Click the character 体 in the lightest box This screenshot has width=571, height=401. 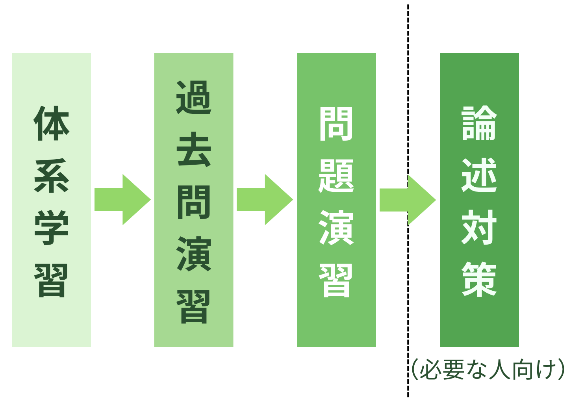(52, 123)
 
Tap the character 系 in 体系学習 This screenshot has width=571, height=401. (52, 176)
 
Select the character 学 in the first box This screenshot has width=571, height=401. (52, 228)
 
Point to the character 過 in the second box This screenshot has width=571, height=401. (194, 97)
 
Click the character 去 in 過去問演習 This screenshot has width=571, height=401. (194, 150)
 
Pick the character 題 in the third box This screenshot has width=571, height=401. (336, 176)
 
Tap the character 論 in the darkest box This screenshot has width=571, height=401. (479, 123)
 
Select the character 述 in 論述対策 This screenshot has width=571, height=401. (479, 176)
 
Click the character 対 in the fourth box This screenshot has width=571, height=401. (479, 228)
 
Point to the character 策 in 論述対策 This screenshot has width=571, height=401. (479, 280)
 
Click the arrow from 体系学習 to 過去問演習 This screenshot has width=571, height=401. (122, 200)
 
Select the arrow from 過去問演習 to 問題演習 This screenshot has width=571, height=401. (265, 200)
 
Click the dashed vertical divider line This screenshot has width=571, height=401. (408, 79)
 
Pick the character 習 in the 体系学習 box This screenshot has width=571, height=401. (52, 280)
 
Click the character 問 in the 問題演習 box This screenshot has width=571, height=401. (336, 123)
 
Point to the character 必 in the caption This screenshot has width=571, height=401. (431, 370)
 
